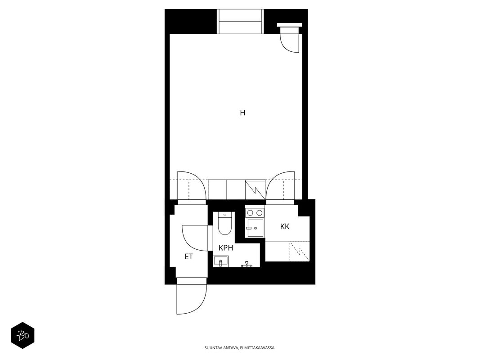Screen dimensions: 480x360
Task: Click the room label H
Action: (242, 112)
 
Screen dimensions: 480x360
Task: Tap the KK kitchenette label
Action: (285, 226)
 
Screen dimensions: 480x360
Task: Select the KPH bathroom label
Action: (226, 247)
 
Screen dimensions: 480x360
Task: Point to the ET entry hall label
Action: (189, 256)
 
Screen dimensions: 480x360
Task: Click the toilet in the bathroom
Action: (224, 224)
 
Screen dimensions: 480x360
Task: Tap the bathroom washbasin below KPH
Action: (221, 261)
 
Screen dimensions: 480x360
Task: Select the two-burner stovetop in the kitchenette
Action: (255, 212)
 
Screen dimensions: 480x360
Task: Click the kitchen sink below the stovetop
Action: (255, 228)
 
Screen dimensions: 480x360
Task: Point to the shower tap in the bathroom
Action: (246, 264)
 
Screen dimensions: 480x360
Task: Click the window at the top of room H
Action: (240, 22)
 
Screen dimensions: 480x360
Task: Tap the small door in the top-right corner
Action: (289, 38)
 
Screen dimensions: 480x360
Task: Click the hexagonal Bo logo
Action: (22, 336)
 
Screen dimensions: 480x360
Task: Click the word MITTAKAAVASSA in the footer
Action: (262, 348)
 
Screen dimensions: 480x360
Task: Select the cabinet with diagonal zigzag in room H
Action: (255, 190)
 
